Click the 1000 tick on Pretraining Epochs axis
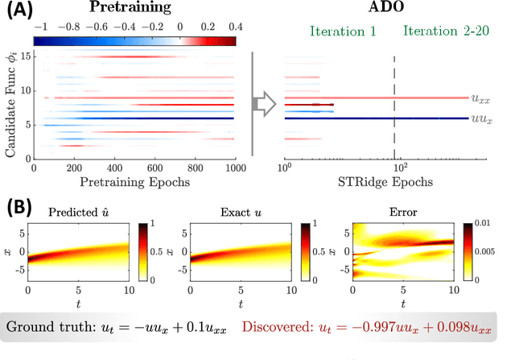[236, 170]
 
